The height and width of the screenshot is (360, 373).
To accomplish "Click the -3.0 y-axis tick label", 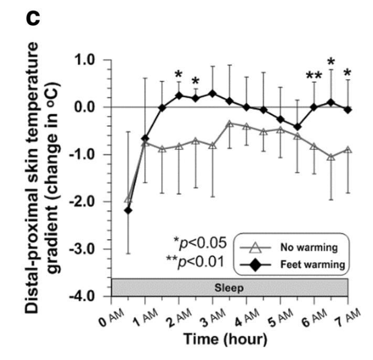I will pyautogui.click(x=88, y=249).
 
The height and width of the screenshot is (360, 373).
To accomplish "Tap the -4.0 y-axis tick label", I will pyautogui.click(x=88, y=296).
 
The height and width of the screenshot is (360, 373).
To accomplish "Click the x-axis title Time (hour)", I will pyautogui.click(x=226, y=339).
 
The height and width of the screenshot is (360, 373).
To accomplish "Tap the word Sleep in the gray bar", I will pyautogui.click(x=229, y=288).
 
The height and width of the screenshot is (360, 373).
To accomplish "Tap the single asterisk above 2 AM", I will pyautogui.click(x=179, y=74).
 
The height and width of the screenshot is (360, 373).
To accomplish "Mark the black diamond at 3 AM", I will pyautogui.click(x=212, y=94).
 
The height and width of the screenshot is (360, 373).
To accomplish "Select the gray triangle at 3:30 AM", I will pyautogui.click(x=229, y=124).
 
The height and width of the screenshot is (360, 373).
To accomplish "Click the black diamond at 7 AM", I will pyautogui.click(x=348, y=110).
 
